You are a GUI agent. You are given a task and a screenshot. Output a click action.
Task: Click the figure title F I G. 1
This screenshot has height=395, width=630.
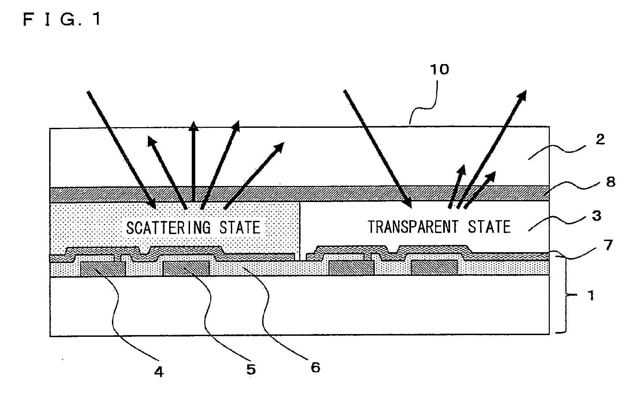[x=62, y=19]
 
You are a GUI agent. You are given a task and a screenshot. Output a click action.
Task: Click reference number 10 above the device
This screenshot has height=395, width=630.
[x=440, y=70]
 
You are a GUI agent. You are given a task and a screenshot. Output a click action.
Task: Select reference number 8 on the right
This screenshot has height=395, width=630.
[x=610, y=182]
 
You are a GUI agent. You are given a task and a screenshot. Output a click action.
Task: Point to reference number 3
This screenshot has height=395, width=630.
[x=597, y=216]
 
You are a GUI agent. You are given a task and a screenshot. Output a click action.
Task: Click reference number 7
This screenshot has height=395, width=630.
[x=608, y=246]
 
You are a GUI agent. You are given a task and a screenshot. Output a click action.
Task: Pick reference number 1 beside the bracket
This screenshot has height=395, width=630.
[x=591, y=296]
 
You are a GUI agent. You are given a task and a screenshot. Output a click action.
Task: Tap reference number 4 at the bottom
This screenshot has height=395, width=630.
[x=159, y=372]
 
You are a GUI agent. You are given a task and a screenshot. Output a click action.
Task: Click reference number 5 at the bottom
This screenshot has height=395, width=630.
[x=251, y=369]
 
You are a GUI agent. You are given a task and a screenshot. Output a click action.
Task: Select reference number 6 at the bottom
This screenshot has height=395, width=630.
[x=315, y=367]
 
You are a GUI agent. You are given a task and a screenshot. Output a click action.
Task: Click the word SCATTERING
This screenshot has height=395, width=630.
[x=168, y=227]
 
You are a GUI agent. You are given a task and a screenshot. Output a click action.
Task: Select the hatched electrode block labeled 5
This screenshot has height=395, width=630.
[x=187, y=269]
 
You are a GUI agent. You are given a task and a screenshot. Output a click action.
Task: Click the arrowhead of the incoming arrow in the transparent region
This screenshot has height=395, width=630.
[x=407, y=203]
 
